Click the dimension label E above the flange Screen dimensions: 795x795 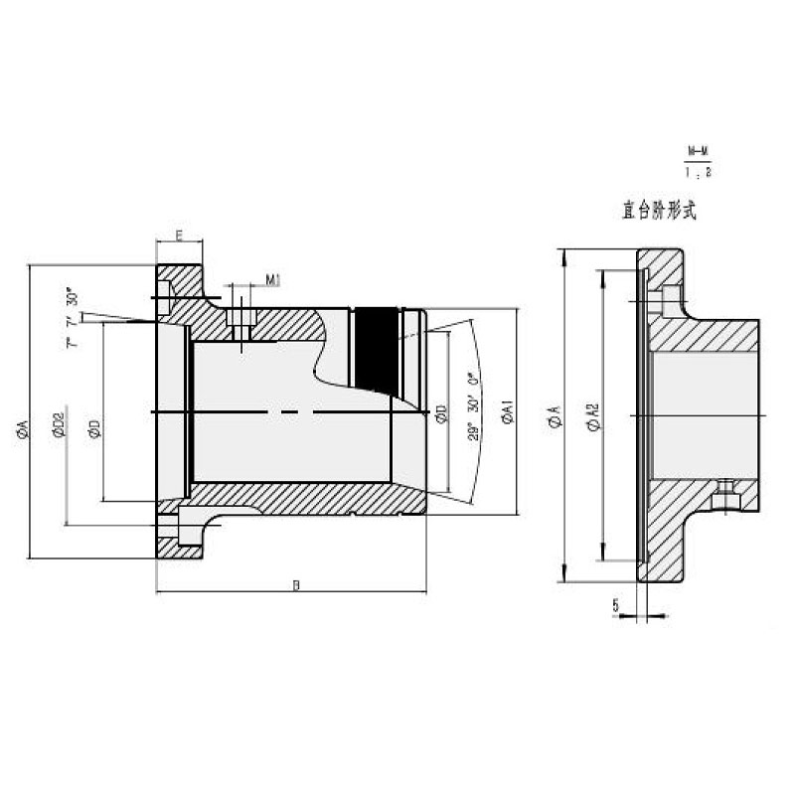[179, 235]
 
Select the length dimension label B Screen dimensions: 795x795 [295, 584]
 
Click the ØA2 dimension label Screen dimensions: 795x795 [592, 418]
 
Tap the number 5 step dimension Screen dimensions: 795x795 [616, 603]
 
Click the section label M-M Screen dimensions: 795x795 [699, 152]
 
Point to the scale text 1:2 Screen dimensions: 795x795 [699, 171]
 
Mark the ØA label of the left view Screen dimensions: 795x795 [22, 429]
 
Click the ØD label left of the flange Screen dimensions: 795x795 [93, 428]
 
